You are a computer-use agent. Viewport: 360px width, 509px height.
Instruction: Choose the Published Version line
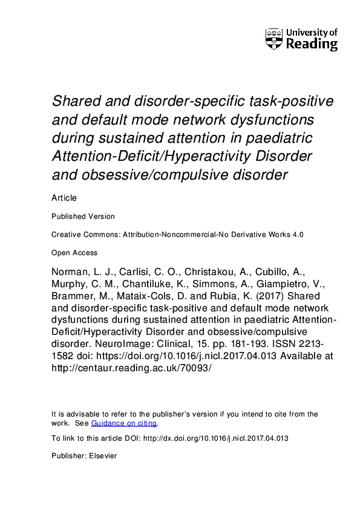click(83, 216)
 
